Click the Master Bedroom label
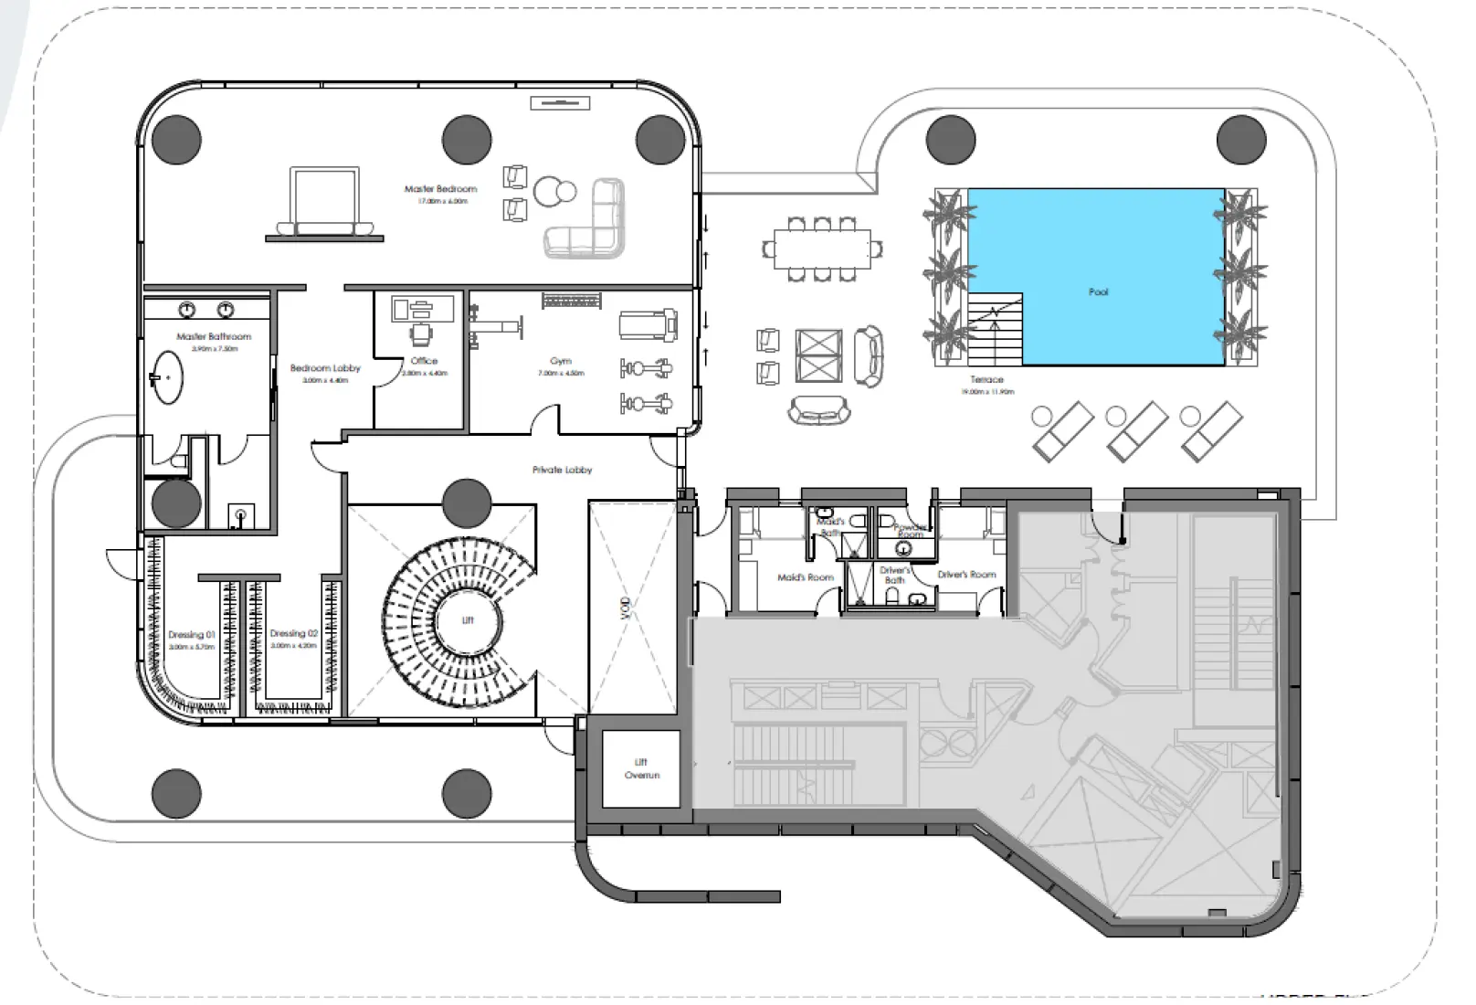point(440,189)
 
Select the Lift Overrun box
point(641,768)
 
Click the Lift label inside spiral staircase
point(468,620)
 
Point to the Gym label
point(561,361)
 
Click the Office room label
point(424,361)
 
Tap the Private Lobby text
point(562,470)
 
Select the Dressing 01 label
point(192,634)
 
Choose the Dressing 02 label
point(293,633)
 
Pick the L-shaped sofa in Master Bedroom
point(590,219)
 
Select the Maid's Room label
point(806,577)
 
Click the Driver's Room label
point(966,575)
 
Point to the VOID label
point(627,608)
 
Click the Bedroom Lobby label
point(325,368)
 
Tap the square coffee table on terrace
point(818,355)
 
